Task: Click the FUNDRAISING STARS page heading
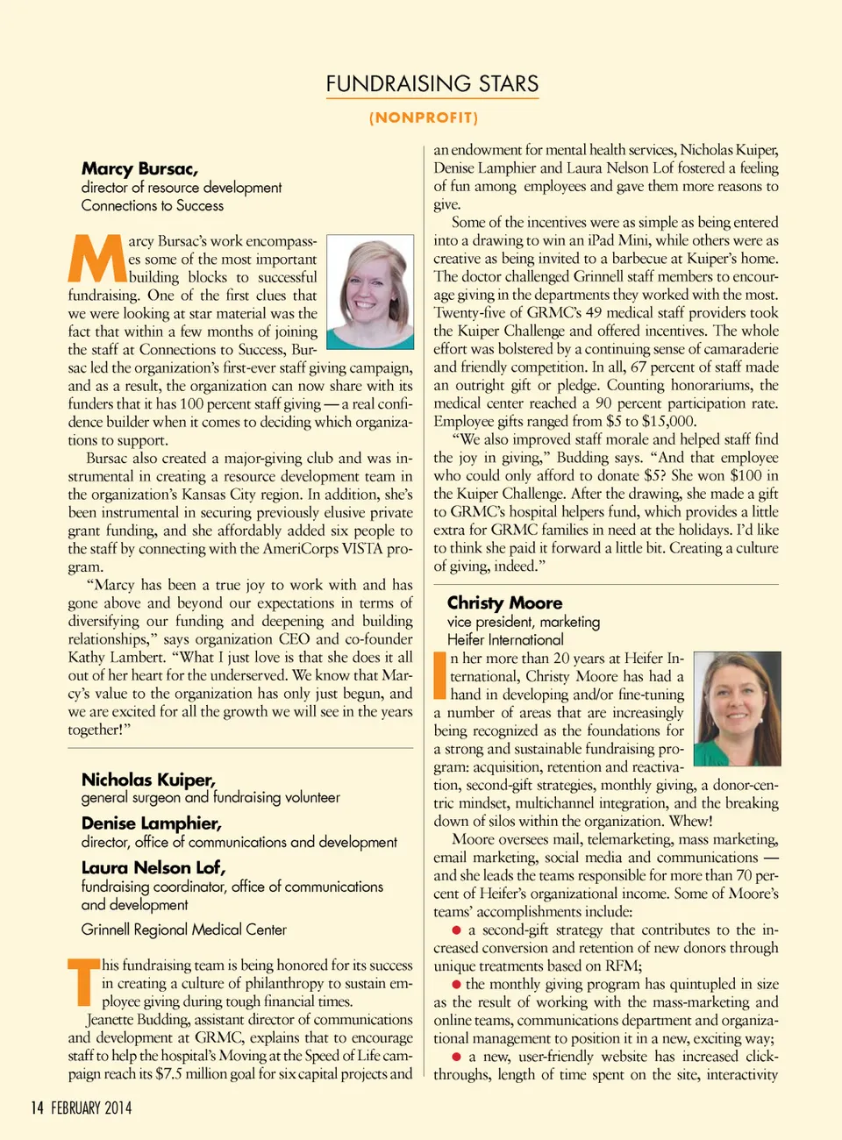click(432, 84)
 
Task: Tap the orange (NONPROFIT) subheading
click(424, 118)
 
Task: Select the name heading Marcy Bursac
click(139, 168)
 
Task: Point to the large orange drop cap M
click(96, 259)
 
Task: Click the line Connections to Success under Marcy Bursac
click(153, 206)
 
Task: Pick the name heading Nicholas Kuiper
click(148, 780)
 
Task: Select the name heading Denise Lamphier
click(151, 823)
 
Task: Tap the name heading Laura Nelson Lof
click(153, 867)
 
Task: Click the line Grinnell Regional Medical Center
click(184, 930)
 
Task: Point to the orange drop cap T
click(83, 982)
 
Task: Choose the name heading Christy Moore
click(504, 602)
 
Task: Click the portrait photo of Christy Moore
click(737, 709)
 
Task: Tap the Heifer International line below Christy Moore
click(505, 640)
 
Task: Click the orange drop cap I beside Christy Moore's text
click(440, 675)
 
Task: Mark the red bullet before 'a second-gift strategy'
click(456, 930)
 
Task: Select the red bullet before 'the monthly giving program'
click(456, 985)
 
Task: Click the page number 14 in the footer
click(37, 1108)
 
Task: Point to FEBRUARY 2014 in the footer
click(91, 1108)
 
